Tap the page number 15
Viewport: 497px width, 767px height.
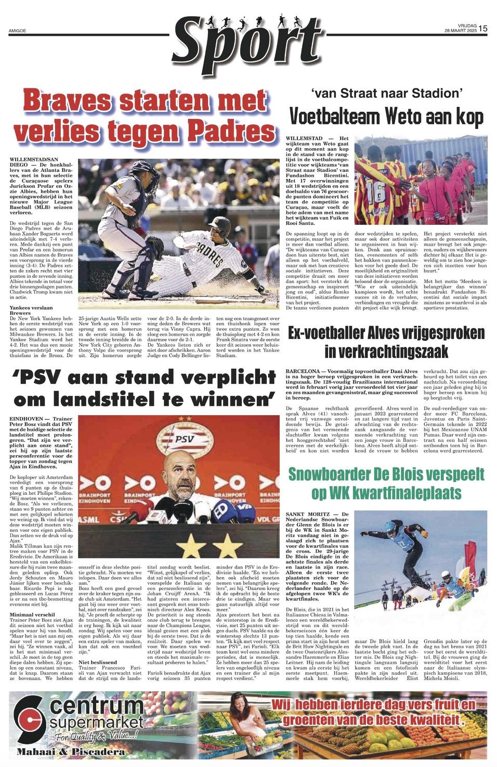tap(483, 29)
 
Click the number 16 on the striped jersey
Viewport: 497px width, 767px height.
tap(376, 193)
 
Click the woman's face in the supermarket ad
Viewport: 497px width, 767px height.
tap(239, 708)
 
